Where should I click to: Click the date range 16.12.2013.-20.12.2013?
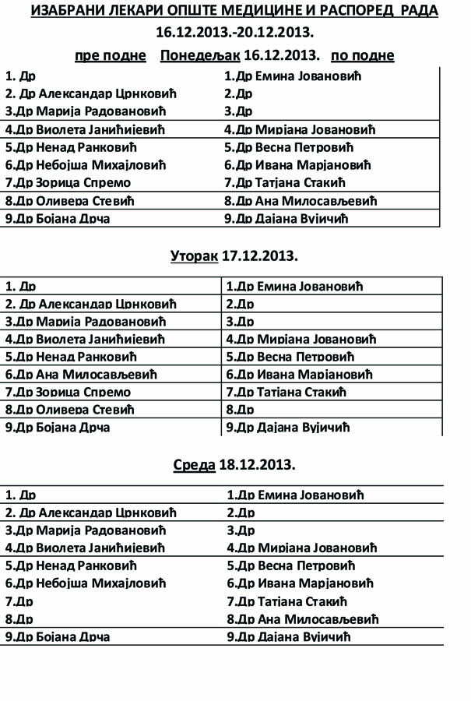click(x=235, y=33)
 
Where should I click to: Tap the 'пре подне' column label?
click(x=111, y=56)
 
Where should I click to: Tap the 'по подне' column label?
click(x=363, y=56)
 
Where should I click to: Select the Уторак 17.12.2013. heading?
click(x=235, y=256)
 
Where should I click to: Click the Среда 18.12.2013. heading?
click(x=235, y=465)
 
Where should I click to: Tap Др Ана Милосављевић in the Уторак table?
click(x=79, y=375)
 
